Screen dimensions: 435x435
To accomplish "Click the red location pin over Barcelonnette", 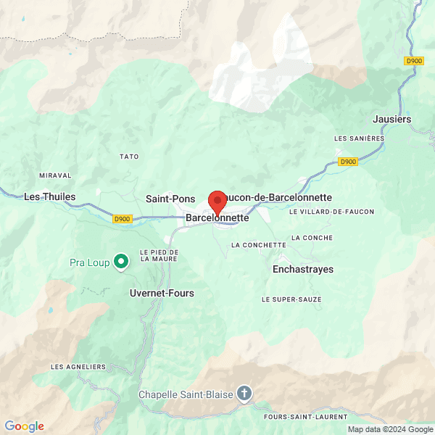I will [x=217, y=201].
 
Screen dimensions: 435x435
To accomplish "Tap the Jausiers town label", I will [x=391, y=119].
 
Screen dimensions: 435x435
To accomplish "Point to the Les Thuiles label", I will [x=45, y=196].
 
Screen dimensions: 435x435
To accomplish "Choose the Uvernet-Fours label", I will [x=162, y=293].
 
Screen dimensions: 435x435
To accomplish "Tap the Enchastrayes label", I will [x=303, y=269].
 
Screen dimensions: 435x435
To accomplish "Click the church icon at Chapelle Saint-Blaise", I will [x=245, y=394].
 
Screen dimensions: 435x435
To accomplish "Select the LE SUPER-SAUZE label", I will [x=291, y=299].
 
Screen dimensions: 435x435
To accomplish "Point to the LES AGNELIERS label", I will [x=78, y=367].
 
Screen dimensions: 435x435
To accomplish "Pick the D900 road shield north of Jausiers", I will [x=414, y=61].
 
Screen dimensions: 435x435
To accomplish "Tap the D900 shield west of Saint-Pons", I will [x=123, y=218].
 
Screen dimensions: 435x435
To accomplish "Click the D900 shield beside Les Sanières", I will [x=348, y=162].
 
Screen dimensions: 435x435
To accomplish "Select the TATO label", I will [x=128, y=157].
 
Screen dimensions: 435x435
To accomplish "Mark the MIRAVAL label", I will [x=55, y=175].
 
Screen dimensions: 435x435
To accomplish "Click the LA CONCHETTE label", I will [x=259, y=245].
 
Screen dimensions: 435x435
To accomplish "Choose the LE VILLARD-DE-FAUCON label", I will [x=331, y=212].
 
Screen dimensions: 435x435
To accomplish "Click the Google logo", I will [x=25, y=426].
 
